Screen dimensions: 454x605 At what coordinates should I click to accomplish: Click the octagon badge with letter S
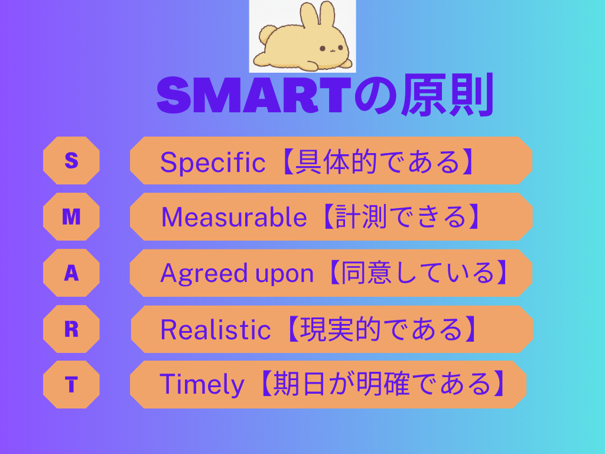click(x=71, y=160)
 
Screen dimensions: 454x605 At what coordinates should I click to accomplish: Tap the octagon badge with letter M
click(x=71, y=217)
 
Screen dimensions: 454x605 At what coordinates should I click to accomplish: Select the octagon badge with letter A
click(x=71, y=273)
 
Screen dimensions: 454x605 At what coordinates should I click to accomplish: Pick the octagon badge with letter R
click(x=71, y=329)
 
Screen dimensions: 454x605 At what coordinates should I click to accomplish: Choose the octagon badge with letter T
click(x=71, y=385)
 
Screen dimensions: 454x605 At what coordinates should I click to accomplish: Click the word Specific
click(x=213, y=162)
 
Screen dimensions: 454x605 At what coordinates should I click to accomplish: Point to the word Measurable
click(x=234, y=218)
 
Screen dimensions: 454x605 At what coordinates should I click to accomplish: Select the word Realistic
click(x=216, y=329)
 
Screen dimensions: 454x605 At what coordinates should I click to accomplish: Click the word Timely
click(x=201, y=385)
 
